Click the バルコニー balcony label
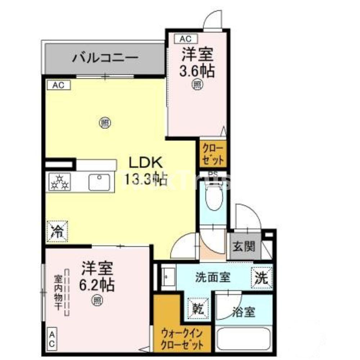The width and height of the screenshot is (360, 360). click(105, 58)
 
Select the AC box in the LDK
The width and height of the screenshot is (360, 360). click(58, 85)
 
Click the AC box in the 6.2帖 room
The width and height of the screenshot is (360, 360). click(51, 339)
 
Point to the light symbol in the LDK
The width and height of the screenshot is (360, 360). click(104, 123)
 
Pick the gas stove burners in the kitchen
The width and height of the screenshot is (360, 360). click(60, 182)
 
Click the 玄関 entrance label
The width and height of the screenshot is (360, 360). click(243, 247)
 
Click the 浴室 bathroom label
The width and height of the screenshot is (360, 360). click(244, 312)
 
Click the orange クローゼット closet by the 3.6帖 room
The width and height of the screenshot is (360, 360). click(213, 154)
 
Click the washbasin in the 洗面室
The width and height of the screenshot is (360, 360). click(167, 277)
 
